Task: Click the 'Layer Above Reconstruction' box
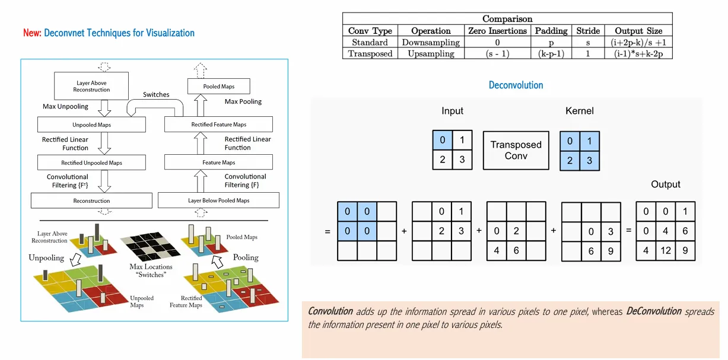91,87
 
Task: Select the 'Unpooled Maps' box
91,125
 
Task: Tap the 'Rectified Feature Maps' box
218,125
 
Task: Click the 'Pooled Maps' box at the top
219,87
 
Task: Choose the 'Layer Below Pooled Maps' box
218,200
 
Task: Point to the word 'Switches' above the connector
156,95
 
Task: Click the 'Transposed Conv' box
516,150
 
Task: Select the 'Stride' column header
588,31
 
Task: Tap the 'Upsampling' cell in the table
431,53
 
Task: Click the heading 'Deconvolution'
516,85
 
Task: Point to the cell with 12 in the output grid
666,250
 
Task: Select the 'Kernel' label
580,111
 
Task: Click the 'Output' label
665,184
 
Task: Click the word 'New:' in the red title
32,33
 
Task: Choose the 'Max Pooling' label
243,102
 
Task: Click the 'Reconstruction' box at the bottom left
91,201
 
